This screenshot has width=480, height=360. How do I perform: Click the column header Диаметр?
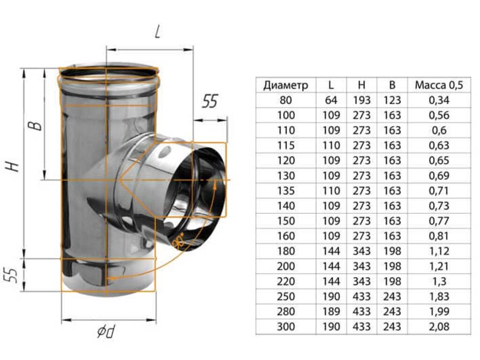coord(285,85)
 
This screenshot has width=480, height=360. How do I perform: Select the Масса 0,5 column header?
coord(439,85)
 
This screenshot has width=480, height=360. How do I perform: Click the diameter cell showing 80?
coord(285,100)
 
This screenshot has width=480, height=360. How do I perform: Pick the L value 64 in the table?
coord(331,100)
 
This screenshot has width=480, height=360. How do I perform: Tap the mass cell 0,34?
coord(439,100)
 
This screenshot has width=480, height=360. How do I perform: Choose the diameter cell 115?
coord(285,145)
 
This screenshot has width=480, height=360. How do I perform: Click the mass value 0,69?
coord(439,176)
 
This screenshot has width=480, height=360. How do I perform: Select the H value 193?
coord(361,100)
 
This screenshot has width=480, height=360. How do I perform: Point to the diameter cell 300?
coord(285,327)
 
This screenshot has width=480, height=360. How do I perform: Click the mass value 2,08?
coord(439,327)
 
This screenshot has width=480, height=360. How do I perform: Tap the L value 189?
coord(331,312)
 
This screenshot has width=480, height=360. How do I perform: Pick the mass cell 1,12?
coord(439,251)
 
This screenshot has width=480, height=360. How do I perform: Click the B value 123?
coord(392,100)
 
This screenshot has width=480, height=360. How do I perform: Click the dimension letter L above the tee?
coord(157,31)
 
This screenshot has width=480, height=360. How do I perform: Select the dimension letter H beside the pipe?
coord(14,166)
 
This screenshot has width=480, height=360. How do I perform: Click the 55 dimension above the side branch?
coord(210,102)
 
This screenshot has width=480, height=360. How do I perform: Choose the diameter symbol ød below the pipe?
coord(107,331)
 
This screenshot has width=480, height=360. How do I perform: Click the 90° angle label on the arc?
coord(178,240)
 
